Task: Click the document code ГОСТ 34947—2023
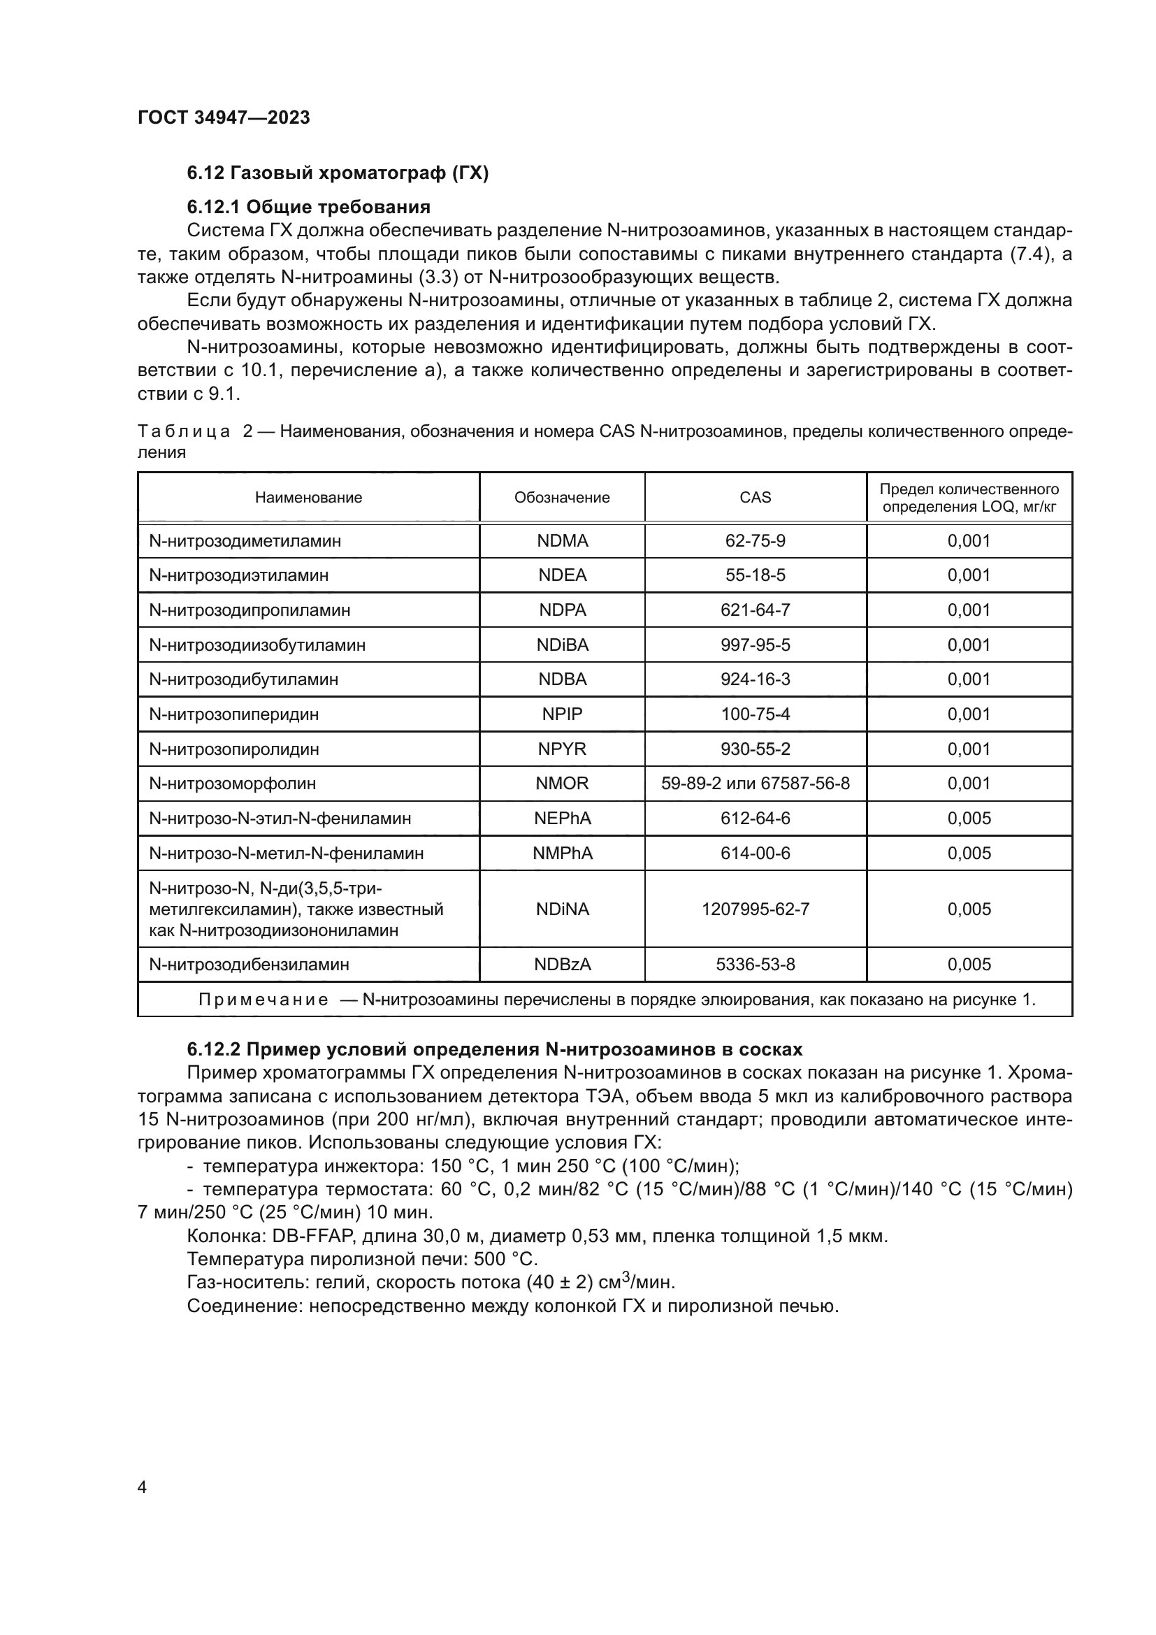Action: click(x=224, y=117)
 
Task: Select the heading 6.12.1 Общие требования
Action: click(x=308, y=207)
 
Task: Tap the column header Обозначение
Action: click(x=562, y=498)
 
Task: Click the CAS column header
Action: click(x=756, y=498)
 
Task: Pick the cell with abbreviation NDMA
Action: click(x=563, y=541)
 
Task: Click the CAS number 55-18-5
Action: click(x=756, y=575)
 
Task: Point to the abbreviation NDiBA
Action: click(x=563, y=645)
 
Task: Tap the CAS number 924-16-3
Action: click(x=756, y=679)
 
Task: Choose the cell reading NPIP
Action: click(x=563, y=714)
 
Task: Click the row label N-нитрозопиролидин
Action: click(x=233, y=749)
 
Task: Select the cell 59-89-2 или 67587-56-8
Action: click(x=756, y=784)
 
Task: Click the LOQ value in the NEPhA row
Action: click(x=969, y=819)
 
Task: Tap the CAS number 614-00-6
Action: click(x=756, y=853)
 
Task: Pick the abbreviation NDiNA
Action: click(x=563, y=909)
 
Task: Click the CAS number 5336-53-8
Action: click(x=756, y=965)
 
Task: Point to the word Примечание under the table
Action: click(x=263, y=1000)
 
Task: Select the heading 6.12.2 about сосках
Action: click(x=494, y=1050)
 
